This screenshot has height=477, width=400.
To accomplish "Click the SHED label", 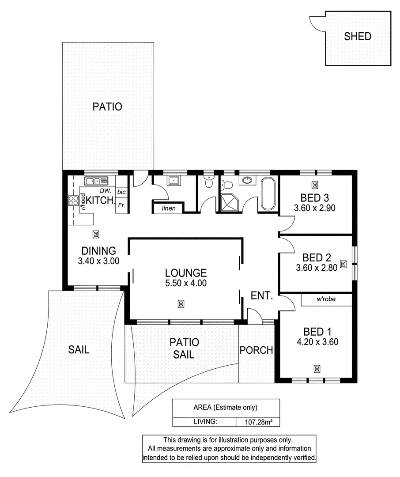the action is tap(358, 37).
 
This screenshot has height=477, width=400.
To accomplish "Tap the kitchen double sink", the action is tap(96, 180).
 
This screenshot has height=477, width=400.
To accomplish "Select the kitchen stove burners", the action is tap(73, 201).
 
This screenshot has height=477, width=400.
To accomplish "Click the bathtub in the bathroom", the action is tap(268, 193).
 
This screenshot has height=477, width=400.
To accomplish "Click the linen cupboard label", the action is tap(168, 208).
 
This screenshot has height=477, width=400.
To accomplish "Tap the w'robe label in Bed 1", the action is tap(326, 299).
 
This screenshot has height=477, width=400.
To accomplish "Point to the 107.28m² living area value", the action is tap(258, 422).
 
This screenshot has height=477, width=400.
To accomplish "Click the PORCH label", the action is tap(256, 350).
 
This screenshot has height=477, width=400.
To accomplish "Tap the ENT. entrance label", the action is tap(262, 296).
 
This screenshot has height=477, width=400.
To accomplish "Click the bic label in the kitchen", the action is tap(121, 192).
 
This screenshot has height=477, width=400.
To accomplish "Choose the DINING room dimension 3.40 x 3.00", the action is tap(98, 261).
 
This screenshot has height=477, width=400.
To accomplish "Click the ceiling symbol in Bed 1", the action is tap(317, 368).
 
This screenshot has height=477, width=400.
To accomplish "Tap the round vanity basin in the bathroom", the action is tap(247, 180).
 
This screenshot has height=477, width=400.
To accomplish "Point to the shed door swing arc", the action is tap(317, 23).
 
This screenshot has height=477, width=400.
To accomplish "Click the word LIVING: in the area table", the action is tap(205, 422).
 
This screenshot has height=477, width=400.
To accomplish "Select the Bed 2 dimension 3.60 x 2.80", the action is tap(316, 267).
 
